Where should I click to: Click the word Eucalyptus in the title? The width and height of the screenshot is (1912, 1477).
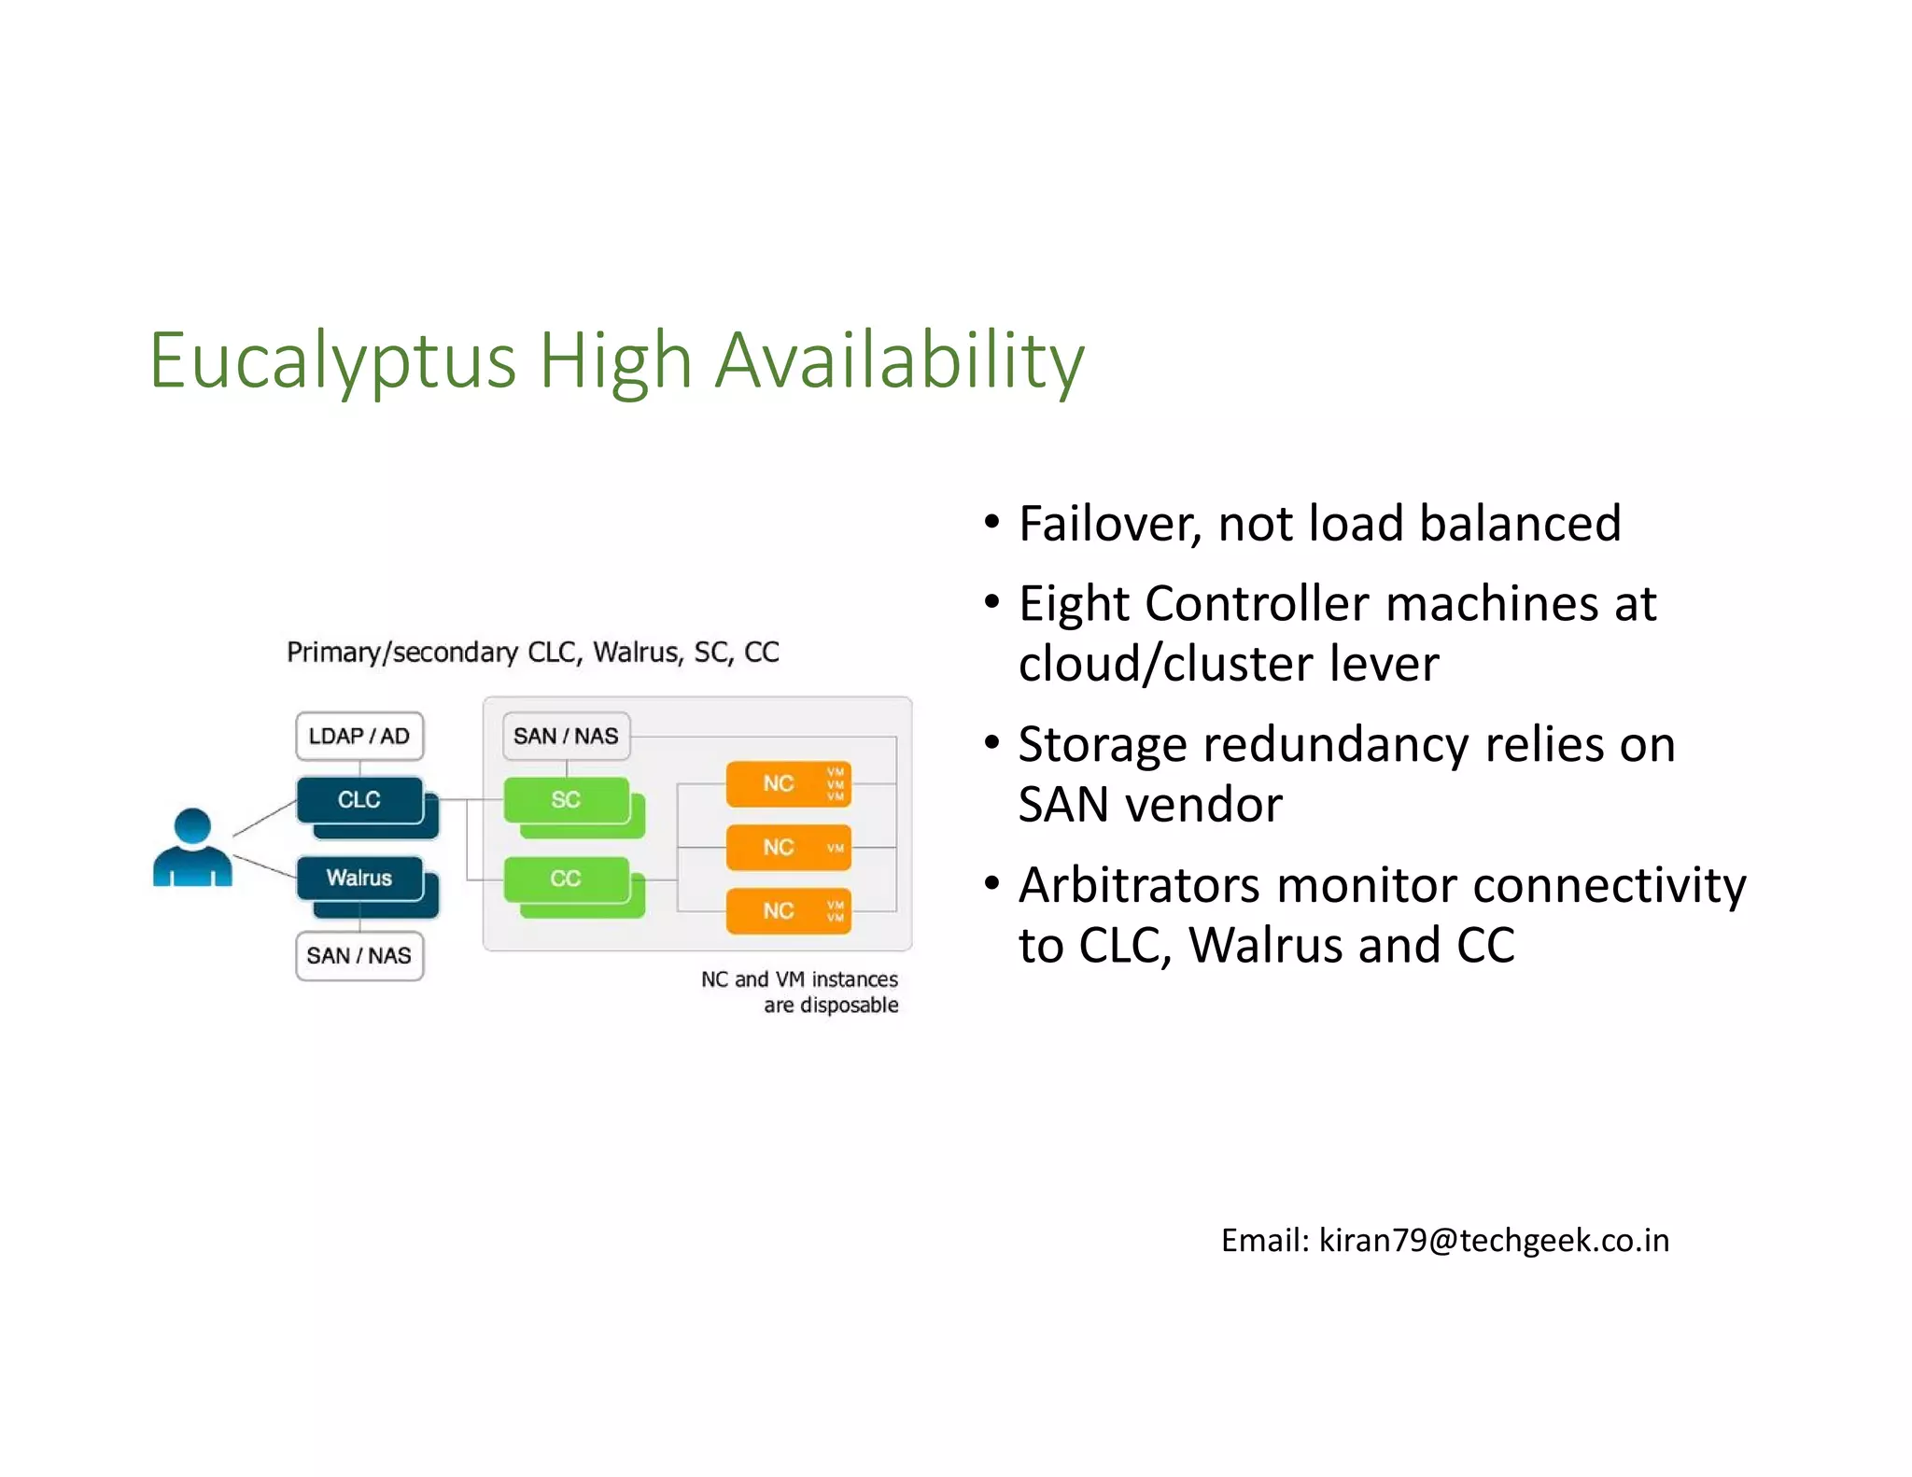pyautogui.click(x=332, y=362)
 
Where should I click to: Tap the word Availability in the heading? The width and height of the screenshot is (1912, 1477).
pyautogui.click(x=899, y=362)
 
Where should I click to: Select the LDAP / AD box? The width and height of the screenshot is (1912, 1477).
pyautogui.click(x=359, y=736)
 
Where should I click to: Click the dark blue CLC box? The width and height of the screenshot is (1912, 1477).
pyautogui.click(x=359, y=799)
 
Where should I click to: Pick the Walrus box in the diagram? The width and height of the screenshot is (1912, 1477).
pyautogui.click(x=359, y=878)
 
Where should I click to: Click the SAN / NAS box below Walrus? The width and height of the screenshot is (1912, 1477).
pyautogui.click(x=359, y=956)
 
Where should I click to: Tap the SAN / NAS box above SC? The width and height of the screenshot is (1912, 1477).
pyautogui.click(x=566, y=736)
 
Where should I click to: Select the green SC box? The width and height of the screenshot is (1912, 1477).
pyautogui.click(x=566, y=799)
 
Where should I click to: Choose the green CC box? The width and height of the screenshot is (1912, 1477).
pyautogui.click(x=566, y=879)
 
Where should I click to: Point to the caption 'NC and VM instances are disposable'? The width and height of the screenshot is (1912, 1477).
pyautogui.click(x=801, y=992)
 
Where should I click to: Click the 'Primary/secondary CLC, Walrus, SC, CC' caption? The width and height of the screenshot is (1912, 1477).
pyautogui.click(x=532, y=652)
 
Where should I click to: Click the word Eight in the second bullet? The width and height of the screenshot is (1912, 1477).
pyautogui.click(x=1074, y=604)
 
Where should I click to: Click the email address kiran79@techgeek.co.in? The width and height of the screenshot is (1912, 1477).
pyautogui.click(x=1494, y=1241)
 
